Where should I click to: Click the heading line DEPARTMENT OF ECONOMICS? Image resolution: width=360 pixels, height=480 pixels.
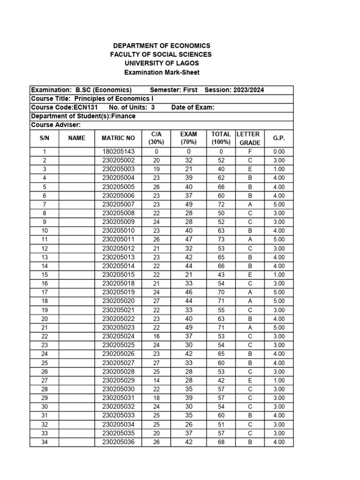pos(162,45)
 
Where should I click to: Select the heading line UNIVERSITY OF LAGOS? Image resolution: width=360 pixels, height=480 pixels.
pos(162,63)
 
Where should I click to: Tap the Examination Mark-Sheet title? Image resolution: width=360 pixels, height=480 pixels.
pos(162,72)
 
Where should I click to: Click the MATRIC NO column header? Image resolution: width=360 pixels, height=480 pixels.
pos(118,138)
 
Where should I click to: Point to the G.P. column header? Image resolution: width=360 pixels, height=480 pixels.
pos(279,138)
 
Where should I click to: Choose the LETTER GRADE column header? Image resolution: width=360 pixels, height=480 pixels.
pos(249,138)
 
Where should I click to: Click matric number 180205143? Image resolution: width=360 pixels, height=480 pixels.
pos(118,151)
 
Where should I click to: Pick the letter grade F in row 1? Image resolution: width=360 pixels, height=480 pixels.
pos(250,151)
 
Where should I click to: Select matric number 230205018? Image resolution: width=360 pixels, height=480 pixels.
pos(118,284)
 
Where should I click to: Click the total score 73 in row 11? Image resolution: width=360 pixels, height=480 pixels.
pos(222,240)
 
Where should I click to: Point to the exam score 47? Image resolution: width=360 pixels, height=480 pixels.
pos(188,240)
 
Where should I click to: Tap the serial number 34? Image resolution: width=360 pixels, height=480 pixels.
pos(45,442)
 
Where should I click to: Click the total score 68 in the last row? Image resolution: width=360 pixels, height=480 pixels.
pos(222,442)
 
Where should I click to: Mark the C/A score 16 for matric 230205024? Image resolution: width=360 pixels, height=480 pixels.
pos(156,337)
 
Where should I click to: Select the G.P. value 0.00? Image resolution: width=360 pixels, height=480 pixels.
pos(279,151)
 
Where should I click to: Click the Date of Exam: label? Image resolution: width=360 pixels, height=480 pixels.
pos(193,107)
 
